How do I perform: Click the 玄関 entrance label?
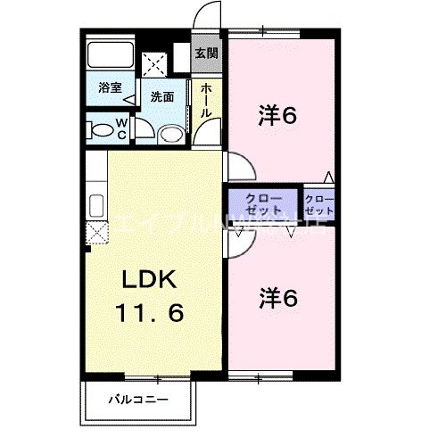[207, 53]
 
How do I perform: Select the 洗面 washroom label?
[161, 95]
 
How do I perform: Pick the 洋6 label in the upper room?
[277, 114]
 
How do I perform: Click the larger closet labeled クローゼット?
[262, 204]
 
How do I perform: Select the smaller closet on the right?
[318, 204]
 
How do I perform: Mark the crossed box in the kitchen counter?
[97, 233]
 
